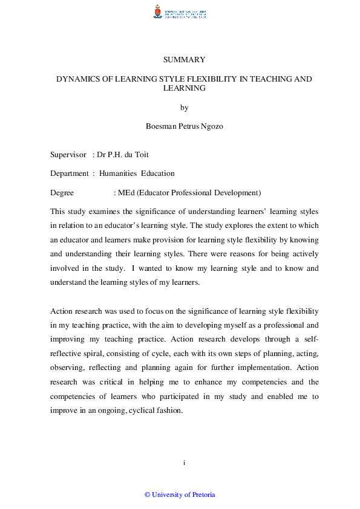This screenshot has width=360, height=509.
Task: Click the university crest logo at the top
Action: click(x=159, y=11)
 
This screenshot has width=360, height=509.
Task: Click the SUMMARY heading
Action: click(x=185, y=60)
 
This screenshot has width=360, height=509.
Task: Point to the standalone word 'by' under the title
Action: click(x=185, y=108)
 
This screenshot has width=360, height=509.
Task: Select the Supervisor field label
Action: click(x=68, y=155)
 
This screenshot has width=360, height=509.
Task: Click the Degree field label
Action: click(x=62, y=193)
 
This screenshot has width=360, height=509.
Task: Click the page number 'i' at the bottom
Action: click(x=184, y=462)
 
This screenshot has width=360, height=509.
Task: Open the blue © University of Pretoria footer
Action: click(x=180, y=494)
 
